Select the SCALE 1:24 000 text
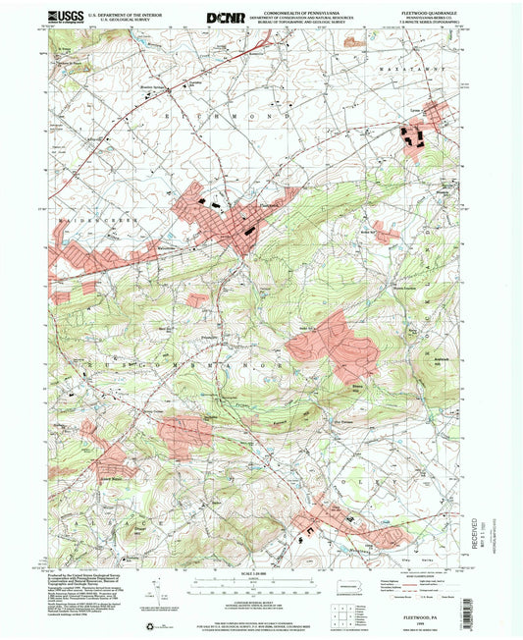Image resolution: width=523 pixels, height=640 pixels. pos(262,571)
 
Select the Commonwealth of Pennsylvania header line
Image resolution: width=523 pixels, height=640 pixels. pos(297,9)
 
